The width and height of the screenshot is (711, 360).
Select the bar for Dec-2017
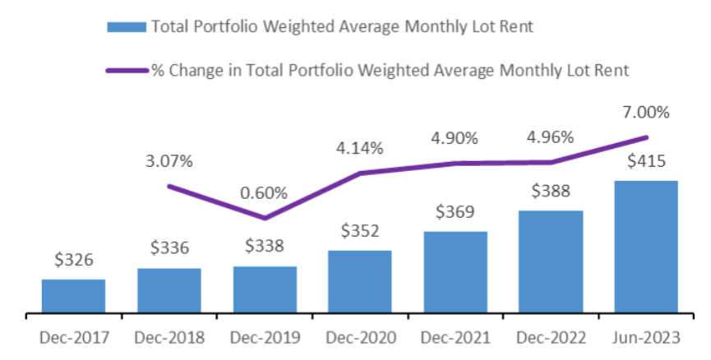click(x=73, y=296)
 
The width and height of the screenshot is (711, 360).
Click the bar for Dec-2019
click(x=265, y=289)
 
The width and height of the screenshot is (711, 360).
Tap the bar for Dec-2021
click(x=455, y=272)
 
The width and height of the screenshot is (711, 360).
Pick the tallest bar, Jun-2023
click(x=646, y=247)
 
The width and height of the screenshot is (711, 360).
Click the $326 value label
click(x=73, y=261)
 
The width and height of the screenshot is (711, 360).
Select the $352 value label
click(x=360, y=231)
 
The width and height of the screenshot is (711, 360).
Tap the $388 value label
click(x=551, y=192)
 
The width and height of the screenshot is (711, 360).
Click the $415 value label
click(x=646, y=162)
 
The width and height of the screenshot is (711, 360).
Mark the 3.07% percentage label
click(x=169, y=161)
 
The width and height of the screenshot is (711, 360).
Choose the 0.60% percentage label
click(x=265, y=194)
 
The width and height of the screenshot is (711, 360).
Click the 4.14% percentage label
click(x=360, y=149)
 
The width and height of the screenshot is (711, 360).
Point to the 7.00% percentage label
click(x=646, y=112)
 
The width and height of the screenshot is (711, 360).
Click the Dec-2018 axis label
click(x=169, y=338)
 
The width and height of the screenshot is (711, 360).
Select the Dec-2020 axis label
click(x=360, y=338)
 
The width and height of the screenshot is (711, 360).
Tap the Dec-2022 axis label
click(x=551, y=338)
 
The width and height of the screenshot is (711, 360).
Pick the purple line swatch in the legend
click(x=127, y=71)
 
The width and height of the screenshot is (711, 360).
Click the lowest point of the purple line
click(x=265, y=218)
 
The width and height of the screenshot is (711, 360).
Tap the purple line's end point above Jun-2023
click(x=647, y=137)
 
